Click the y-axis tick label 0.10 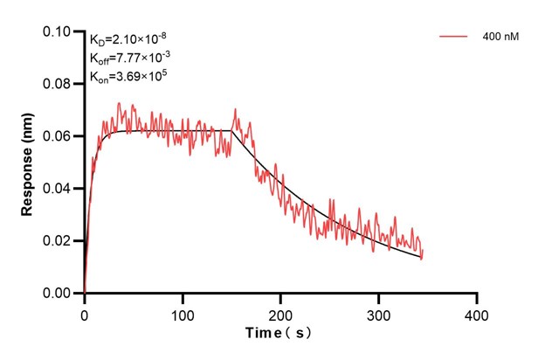(59, 31)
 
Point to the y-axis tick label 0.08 (59, 84)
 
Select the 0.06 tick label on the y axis (59, 136)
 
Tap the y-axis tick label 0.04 (59, 189)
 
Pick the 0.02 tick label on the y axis (59, 241)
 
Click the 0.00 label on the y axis (59, 294)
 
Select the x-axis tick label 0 (85, 312)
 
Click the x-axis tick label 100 (183, 312)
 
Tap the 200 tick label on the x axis (280, 312)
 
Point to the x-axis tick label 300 (378, 312)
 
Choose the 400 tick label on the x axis (476, 312)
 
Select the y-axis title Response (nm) (27, 163)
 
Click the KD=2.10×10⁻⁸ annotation (129, 40)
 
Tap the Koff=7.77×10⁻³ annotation (130, 59)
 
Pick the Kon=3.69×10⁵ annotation (128, 76)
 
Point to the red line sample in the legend (455, 37)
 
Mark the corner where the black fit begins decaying (232, 130)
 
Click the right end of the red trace (422, 256)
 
